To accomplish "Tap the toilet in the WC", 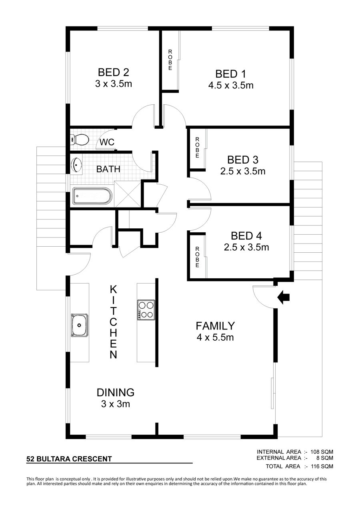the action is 79,139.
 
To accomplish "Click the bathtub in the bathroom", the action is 92,196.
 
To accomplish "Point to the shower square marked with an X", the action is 128,194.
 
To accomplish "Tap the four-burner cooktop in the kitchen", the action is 146,310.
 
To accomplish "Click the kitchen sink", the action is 79,325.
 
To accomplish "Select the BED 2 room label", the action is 114,72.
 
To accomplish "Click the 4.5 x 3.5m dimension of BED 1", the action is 231,86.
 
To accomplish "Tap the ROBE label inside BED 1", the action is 170,60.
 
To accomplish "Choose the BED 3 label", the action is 243,160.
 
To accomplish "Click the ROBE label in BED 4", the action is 197,257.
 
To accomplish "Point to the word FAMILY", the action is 215,326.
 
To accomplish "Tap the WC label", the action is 107,142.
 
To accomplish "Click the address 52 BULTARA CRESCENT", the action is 69,459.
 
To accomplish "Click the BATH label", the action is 108,169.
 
